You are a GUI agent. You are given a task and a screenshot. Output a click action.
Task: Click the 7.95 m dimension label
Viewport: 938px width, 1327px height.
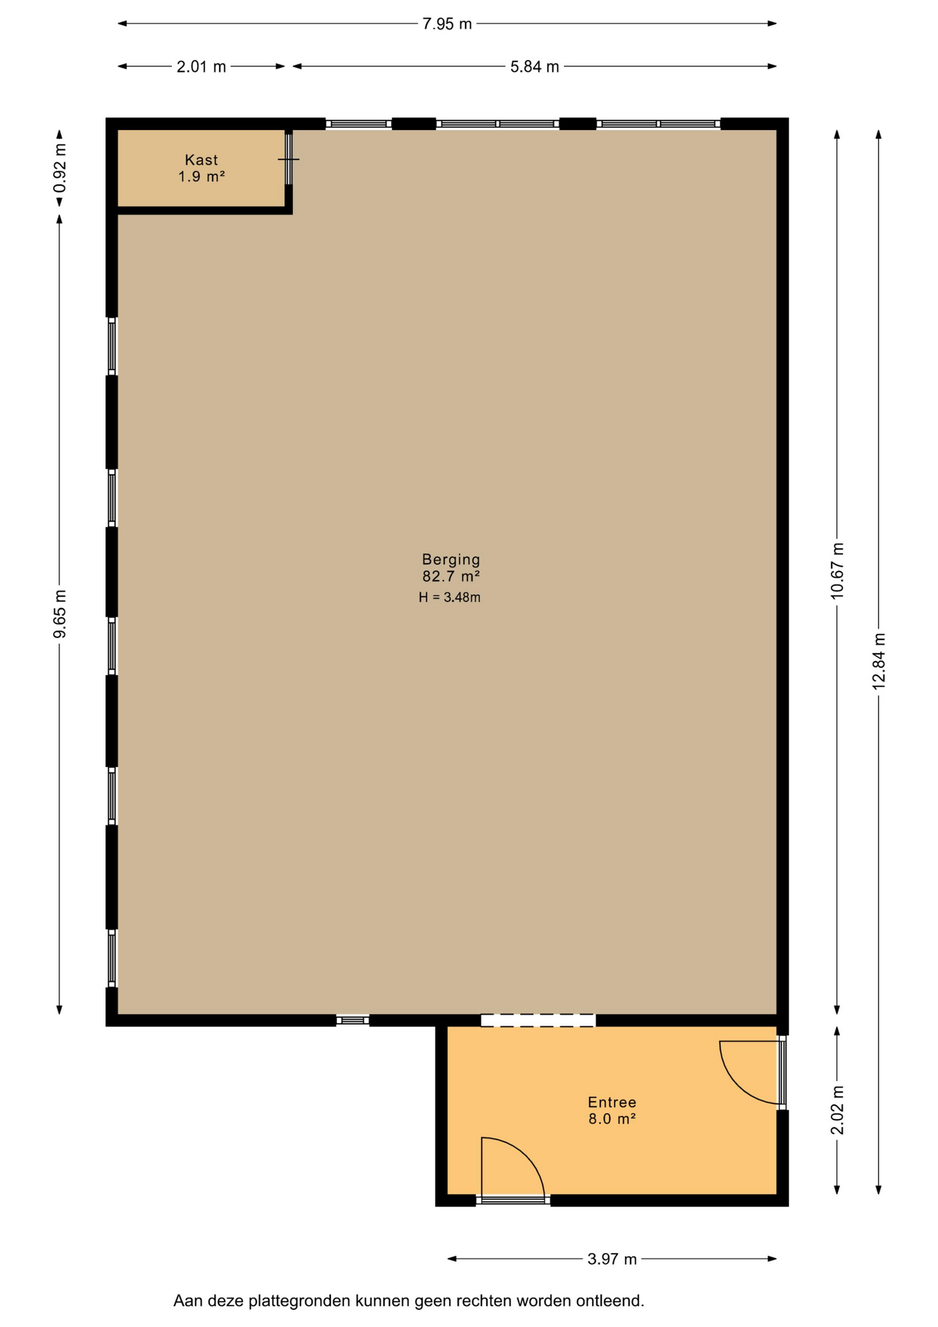(x=447, y=24)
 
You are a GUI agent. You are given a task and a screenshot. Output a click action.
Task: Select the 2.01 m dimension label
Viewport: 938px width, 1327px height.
(x=201, y=67)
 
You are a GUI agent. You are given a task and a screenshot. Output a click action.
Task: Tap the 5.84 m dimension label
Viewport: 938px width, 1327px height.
(x=535, y=67)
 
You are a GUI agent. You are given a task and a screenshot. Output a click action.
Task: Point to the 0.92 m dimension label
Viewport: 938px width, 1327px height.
(x=60, y=168)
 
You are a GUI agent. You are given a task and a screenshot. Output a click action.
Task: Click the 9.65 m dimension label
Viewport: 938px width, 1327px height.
(x=60, y=614)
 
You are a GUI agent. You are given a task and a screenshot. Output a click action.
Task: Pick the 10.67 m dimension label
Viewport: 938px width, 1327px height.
(x=837, y=571)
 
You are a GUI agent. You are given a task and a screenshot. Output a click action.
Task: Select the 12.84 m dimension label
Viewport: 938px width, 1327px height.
(x=879, y=661)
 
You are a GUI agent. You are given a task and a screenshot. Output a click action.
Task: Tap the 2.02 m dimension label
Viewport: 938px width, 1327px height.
(x=837, y=1110)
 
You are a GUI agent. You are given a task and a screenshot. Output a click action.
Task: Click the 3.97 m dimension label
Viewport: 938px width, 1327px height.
(x=612, y=1259)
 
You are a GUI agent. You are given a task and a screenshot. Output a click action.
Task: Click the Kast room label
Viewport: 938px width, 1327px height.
(x=201, y=160)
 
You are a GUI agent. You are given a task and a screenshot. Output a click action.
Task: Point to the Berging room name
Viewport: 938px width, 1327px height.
(x=451, y=560)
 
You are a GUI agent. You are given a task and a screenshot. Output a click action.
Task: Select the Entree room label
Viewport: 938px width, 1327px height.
(x=612, y=1102)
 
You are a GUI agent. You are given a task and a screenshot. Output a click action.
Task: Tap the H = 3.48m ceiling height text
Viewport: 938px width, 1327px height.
(x=450, y=598)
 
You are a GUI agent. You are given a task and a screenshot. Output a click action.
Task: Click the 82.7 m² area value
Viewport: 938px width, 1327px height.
(x=451, y=576)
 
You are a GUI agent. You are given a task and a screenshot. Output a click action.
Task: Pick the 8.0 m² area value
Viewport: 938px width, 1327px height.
(x=612, y=1119)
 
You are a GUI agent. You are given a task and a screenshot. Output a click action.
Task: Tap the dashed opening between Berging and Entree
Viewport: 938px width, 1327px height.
(x=538, y=1020)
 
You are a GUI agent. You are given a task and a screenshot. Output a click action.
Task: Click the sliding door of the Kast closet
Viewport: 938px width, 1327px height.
(x=289, y=158)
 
